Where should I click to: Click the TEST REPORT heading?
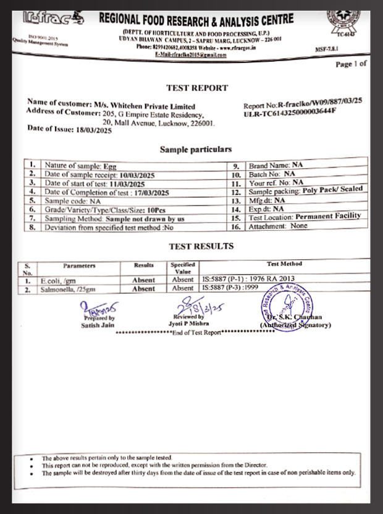coord(197,88)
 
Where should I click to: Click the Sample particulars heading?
coord(196,149)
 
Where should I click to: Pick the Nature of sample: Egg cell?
coord(80,166)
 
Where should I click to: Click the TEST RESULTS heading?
coord(201,246)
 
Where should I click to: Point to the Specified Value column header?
coord(182,267)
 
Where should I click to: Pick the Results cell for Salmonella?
coord(144,288)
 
